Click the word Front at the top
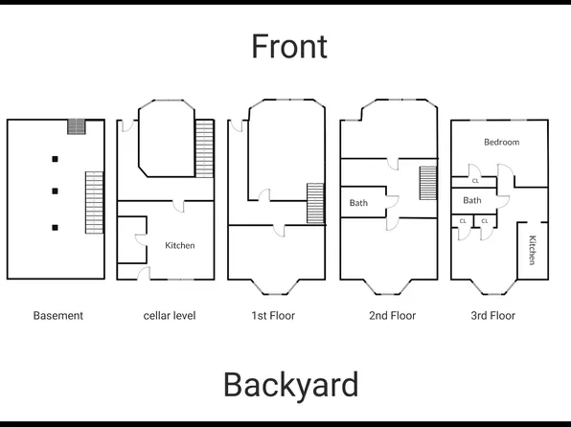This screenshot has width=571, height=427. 289,46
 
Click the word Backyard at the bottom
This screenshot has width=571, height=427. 291,385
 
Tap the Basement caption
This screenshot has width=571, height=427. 58,315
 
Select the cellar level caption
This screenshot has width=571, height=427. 170,315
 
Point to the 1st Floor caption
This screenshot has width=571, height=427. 273,315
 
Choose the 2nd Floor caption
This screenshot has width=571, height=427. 393,315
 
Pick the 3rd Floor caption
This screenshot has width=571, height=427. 492,315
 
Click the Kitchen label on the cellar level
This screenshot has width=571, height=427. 180,245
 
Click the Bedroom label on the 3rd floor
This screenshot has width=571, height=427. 501,142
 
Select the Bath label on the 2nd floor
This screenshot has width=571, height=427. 358,203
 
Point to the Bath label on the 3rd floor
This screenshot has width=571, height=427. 472,200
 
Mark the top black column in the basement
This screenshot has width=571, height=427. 56,158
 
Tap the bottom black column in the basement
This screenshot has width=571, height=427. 56,227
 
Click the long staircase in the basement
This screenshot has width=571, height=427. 94,201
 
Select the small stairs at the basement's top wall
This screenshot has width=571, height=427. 76,126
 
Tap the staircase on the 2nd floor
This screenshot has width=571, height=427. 427,183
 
